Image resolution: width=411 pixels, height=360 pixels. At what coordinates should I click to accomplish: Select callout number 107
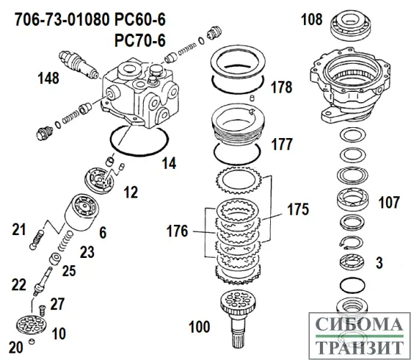point(389,201)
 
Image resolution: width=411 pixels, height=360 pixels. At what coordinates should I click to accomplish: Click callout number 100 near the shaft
point(200,325)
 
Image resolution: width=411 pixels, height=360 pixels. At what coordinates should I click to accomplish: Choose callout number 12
point(131,192)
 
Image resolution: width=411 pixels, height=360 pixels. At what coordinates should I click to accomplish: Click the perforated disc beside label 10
point(35,325)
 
